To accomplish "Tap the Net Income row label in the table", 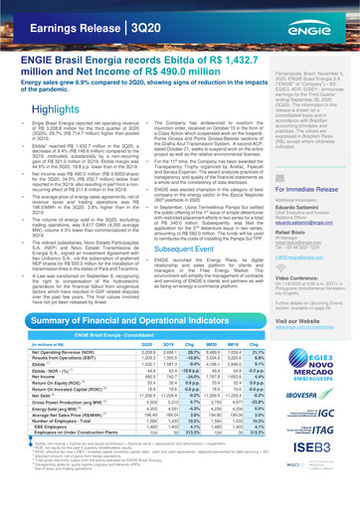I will (33, 413).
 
